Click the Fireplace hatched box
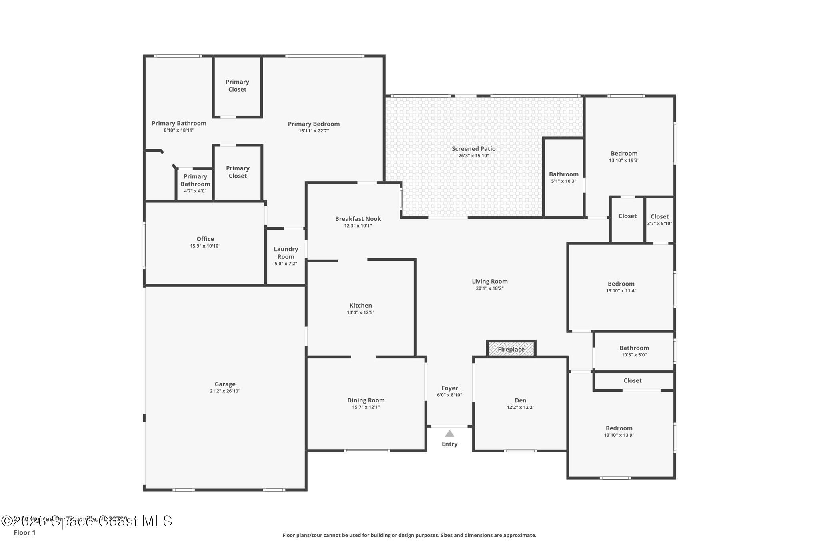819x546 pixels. pos(511,349)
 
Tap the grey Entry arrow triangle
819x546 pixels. pos(449,434)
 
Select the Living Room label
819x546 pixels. pos(489,281)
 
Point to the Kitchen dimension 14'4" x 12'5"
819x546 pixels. pos(360,312)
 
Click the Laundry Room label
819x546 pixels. pos(286,253)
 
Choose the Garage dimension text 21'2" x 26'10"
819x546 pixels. pos(225,391)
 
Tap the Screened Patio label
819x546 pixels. pos(473,148)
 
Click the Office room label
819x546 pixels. pos(205,239)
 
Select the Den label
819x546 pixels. pos(520,400)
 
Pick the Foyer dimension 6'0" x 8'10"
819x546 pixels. pos(449,395)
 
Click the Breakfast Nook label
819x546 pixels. pos(358,218)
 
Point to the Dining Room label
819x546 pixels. pos(366,400)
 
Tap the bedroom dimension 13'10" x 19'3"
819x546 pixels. pos(624,160)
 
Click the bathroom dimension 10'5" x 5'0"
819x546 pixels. pos(634,355)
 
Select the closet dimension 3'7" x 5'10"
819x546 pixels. pos(659,224)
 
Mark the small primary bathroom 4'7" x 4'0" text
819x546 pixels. pos(195,191)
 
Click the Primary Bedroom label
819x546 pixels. pos(314,124)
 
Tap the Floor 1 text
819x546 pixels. pos(24,532)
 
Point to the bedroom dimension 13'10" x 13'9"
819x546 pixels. pos(619,435)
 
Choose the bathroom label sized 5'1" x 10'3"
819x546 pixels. pos(563,174)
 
